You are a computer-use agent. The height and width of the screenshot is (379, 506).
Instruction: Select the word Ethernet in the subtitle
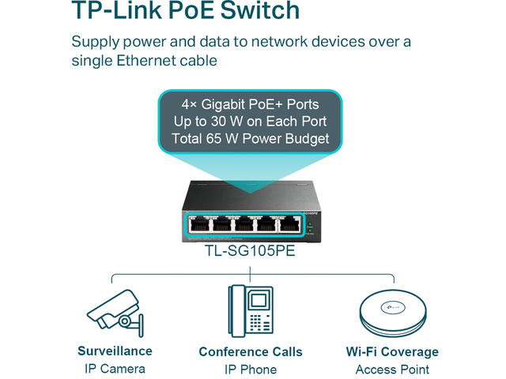(x=159, y=61)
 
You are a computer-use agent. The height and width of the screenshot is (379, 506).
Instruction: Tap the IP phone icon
(x=250, y=312)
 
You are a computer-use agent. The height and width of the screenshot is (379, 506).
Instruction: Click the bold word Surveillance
(x=115, y=351)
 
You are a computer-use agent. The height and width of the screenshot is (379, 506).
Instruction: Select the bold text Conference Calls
(x=250, y=351)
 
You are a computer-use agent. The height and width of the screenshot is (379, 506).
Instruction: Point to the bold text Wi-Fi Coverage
(x=392, y=351)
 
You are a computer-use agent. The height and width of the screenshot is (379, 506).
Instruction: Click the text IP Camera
(x=115, y=369)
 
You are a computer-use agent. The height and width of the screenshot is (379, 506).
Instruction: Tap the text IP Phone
(x=250, y=370)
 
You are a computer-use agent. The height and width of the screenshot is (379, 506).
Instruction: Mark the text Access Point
(x=392, y=370)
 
